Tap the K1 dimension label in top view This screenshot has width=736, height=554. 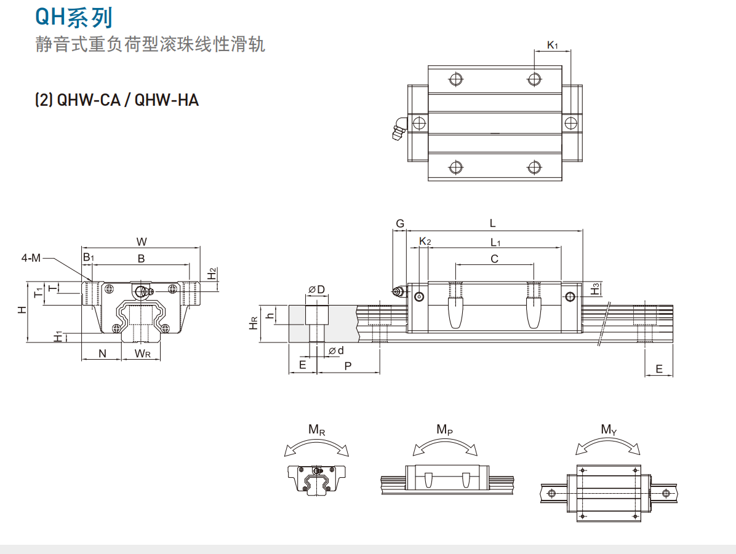tap(552, 45)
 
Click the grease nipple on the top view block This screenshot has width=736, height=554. tap(398, 128)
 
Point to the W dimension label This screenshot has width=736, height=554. tap(142, 241)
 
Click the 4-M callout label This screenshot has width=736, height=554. tap(31, 258)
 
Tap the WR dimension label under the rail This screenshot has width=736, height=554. tap(143, 353)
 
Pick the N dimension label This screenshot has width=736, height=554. tap(102, 353)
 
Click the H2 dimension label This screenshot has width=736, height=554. tap(212, 273)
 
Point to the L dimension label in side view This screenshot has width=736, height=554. tap(492, 223)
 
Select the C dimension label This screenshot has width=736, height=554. tap(494, 259)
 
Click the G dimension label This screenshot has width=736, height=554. tap(400, 224)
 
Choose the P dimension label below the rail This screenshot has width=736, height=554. tap(348, 365)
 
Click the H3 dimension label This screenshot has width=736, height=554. tap(594, 288)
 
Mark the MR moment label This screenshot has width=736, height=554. tap(317, 430)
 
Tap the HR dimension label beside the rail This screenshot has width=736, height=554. tap(254, 323)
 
